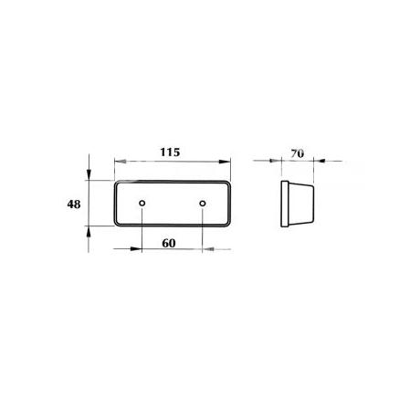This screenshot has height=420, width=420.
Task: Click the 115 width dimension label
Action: (170, 152)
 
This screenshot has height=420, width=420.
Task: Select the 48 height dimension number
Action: (74, 205)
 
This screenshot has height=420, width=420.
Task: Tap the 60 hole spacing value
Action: (169, 243)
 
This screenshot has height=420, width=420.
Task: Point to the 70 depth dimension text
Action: (297, 153)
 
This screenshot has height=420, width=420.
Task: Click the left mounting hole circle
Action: (142, 203)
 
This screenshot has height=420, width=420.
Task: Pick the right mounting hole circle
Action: (203, 203)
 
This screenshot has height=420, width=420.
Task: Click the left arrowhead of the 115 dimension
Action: (120, 162)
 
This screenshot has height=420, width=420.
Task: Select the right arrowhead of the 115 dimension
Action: (225, 162)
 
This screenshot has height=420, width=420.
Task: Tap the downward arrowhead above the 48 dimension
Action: (89, 175)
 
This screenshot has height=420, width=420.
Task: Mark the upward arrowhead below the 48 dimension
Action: (89, 232)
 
